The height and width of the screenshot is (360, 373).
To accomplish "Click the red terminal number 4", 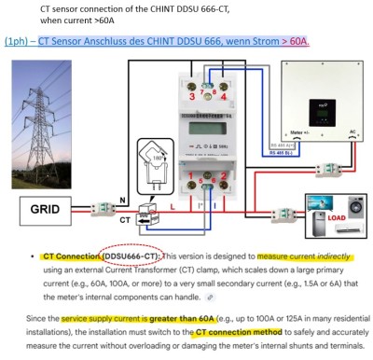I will coord(224,96).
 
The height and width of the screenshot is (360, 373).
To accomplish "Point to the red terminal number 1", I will coord(193,175).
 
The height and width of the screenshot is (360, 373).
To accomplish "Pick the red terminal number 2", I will coord(224,175).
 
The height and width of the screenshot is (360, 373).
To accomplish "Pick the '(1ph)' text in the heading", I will coord(16,42).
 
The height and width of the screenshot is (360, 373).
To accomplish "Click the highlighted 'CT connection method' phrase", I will coord(240,332).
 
